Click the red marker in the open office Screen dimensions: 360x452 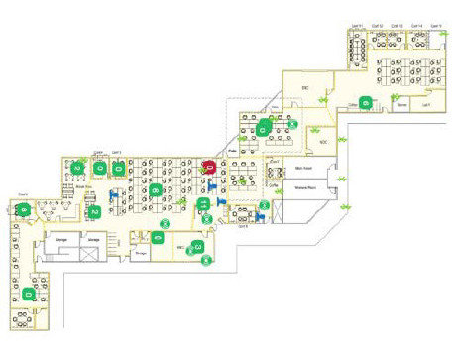[209, 167]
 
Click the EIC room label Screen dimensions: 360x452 [307, 89]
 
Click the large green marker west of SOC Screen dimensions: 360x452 [263, 128]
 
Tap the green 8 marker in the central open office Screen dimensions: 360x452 [156, 188]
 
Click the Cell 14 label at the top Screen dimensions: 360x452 [415, 27]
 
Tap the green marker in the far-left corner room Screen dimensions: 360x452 [22, 209]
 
